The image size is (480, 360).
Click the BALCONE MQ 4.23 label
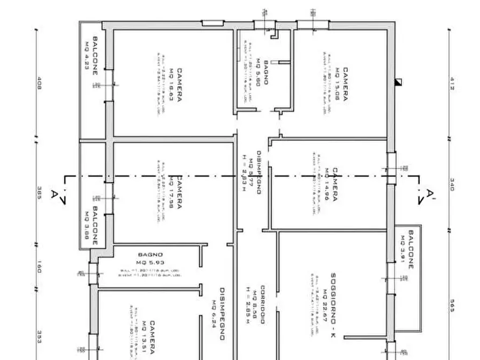coord(91,56)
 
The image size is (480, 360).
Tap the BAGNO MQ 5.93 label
coord(149,258)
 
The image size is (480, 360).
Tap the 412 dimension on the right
coord(452,84)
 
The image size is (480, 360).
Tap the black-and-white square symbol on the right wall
coord(398,82)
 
